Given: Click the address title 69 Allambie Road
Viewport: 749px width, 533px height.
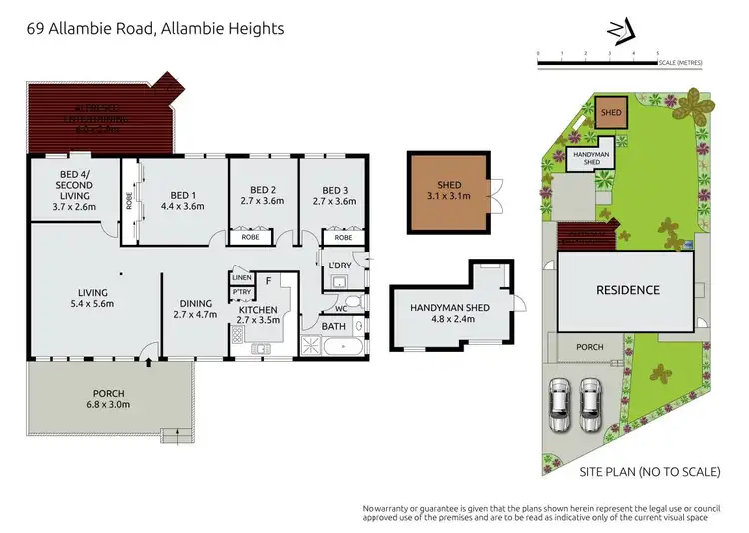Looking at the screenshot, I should point(155,29).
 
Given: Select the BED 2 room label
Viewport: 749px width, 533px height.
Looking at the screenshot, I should point(263,196).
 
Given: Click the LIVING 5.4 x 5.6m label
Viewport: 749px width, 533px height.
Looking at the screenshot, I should point(93,299).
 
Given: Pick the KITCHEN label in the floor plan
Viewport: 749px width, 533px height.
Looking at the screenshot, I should point(257,316).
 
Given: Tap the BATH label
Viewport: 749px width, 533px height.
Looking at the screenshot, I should point(333,326).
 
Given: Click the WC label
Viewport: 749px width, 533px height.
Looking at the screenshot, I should point(327,309).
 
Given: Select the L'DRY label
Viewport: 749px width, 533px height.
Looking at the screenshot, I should point(338,265).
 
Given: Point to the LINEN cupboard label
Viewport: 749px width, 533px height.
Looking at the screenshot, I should point(242,278).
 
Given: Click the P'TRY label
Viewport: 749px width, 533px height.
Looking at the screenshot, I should point(241,292).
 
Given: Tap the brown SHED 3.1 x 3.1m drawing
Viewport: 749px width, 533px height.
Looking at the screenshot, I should point(449,191).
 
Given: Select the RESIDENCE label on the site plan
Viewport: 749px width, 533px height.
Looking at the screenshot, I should point(628,290).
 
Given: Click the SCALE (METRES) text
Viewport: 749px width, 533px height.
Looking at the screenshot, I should point(680,64).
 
